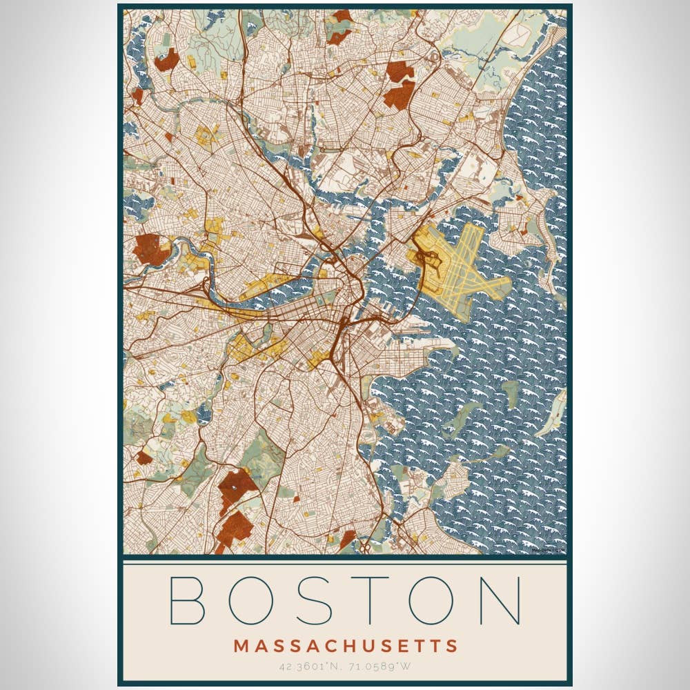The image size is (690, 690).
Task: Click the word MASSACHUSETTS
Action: click(x=345, y=647)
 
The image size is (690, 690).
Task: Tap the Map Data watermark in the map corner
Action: click(x=550, y=549)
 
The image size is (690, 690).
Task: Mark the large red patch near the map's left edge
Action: click(x=150, y=248)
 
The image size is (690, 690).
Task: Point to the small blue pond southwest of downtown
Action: click(x=204, y=414)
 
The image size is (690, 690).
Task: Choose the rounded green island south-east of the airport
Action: click(x=511, y=393)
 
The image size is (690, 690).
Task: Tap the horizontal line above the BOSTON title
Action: click(x=345, y=564)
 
